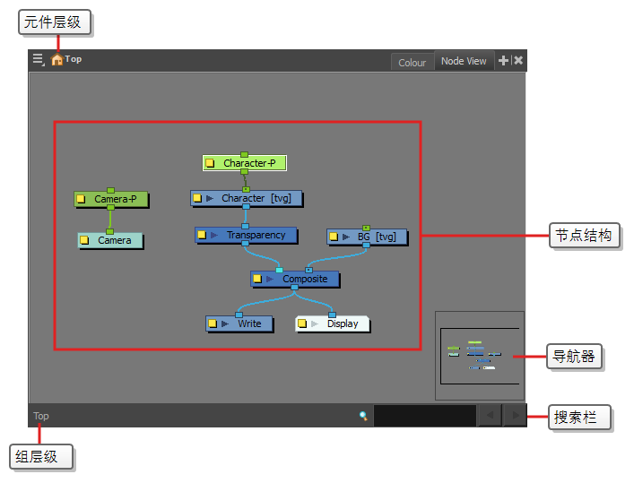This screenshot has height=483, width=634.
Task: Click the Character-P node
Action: (245, 163)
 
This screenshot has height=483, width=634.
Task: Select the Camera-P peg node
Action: (111, 199)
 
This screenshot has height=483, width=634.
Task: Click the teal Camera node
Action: (110, 240)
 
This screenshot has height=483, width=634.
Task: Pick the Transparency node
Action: (247, 236)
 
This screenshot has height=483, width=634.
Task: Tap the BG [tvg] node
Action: (367, 237)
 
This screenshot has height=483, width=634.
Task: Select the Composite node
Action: (295, 279)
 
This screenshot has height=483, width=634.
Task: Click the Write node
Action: (239, 323)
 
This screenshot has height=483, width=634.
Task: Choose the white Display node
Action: (333, 323)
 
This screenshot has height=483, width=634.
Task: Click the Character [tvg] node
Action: (247, 198)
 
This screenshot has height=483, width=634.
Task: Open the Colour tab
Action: (412, 63)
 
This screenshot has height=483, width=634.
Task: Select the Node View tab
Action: (464, 61)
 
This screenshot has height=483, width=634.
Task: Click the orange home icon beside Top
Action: (57, 59)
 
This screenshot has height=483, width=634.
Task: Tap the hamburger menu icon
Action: (39, 59)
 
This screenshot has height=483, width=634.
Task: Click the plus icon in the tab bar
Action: (503, 61)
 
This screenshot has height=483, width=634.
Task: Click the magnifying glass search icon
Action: (363, 416)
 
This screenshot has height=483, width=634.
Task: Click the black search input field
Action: (425, 416)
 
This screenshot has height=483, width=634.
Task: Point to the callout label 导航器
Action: (574, 356)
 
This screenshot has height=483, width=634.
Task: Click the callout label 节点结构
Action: (584, 236)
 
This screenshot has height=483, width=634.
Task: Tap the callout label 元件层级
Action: (54, 22)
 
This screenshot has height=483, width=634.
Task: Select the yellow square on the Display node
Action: (302, 323)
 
